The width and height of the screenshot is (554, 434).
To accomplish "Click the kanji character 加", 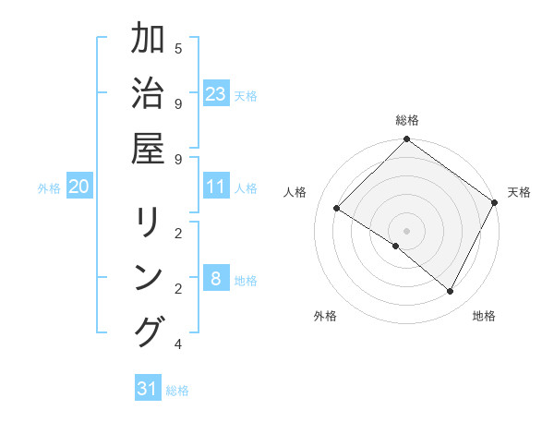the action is pyautogui.click(x=148, y=40).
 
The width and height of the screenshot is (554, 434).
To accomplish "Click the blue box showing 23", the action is pyautogui.click(x=216, y=94).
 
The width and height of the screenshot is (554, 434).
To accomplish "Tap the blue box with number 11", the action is pyautogui.click(x=216, y=187).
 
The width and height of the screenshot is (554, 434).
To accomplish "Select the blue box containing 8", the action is pyautogui.click(x=216, y=280).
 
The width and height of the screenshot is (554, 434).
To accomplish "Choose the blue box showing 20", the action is pyautogui.click(x=78, y=187).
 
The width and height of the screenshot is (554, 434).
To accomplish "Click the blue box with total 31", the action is pyautogui.click(x=148, y=389).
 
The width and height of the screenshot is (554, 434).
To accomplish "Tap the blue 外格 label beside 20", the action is pyautogui.click(x=49, y=187).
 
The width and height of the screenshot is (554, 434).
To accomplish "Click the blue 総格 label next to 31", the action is pyautogui.click(x=177, y=390).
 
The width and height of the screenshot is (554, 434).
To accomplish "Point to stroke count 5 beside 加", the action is pyautogui.click(x=177, y=48).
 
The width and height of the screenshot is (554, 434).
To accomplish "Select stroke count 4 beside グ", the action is pyautogui.click(x=177, y=344).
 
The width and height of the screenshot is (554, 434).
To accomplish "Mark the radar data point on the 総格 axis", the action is pyautogui.click(x=406, y=140).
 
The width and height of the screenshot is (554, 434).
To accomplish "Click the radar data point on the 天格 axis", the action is pyautogui.click(x=494, y=202).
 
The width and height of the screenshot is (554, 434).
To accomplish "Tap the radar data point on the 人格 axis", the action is pyautogui.click(x=336, y=209).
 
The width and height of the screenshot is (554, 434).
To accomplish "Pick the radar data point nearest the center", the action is pyautogui.click(x=396, y=246).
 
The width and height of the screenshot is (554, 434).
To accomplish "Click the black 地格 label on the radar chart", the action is pyautogui.click(x=484, y=316).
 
